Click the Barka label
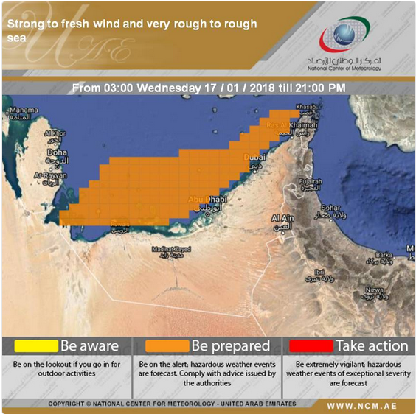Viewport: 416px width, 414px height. (384, 253)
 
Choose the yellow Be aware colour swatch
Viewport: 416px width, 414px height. (31, 345)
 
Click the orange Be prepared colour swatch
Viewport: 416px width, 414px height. (167, 345)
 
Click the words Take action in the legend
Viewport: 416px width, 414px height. (372, 345)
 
